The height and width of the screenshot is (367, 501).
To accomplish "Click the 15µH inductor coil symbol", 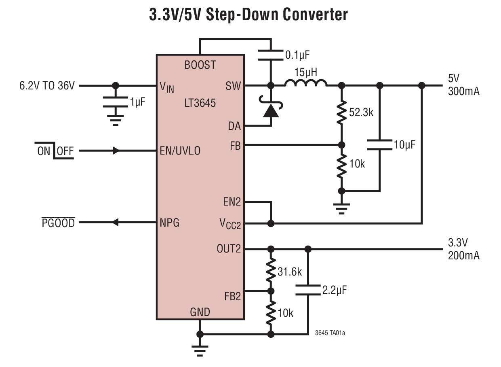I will pos(306,83).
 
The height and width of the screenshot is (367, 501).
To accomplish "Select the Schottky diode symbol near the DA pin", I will pos(271,110).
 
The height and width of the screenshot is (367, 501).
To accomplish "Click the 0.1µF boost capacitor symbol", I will pos(271,55).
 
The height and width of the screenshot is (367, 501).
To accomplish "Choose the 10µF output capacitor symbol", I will pos(379,144).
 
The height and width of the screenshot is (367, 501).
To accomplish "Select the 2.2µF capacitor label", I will pos(335,290).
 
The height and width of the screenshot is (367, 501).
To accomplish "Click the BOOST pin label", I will pos(200,65).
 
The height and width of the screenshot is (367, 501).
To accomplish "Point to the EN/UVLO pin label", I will pos(180,151).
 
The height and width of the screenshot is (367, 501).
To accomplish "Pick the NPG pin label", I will pos(170,223).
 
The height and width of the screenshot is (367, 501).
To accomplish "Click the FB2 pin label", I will pos(232,296).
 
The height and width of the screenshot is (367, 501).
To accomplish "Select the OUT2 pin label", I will pos(228,248).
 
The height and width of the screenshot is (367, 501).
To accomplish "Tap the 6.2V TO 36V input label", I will pos(47,86).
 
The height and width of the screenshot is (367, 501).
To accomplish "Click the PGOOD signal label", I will pos(59,223).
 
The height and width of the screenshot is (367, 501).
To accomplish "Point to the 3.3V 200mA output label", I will pos(463,249).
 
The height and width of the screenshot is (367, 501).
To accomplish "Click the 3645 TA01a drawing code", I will pos(330,333).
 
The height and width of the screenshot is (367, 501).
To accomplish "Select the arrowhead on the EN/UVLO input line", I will pos(116,151).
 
